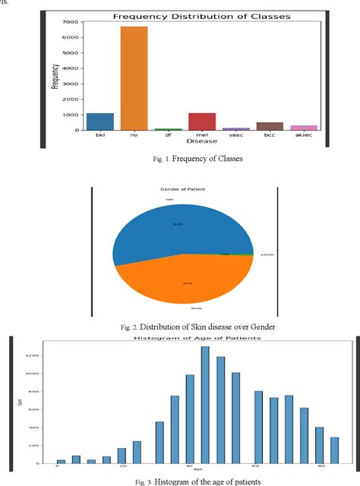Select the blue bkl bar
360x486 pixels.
[x=99, y=121]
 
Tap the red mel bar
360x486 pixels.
[x=202, y=121]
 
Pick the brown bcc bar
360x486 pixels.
[x=270, y=126]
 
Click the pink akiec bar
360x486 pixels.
[x=304, y=128]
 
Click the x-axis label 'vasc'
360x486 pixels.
[x=236, y=135]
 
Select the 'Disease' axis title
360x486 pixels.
[x=202, y=140]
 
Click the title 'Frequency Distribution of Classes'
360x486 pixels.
[x=202, y=16]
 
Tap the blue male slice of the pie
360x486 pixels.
[x=175, y=228]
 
